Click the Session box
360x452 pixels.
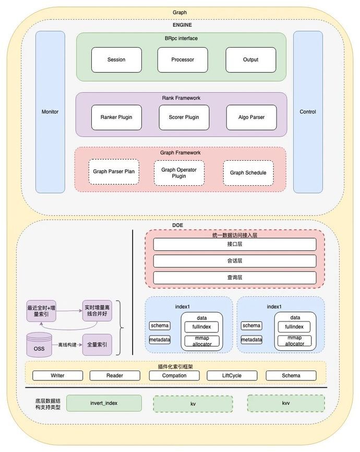pyautogui.click(x=116, y=60)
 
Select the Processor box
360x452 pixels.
pyautogui.click(x=183, y=60)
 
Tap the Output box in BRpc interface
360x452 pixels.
pyautogui.click(x=250, y=60)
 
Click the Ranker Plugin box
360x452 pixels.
pyautogui.click(x=116, y=117)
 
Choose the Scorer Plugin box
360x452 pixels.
pyautogui.click(x=184, y=117)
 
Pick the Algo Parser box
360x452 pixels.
pyautogui.click(x=251, y=117)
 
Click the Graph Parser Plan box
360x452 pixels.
pyautogui.click(x=114, y=172)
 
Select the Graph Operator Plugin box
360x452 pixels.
pyautogui.click(x=179, y=173)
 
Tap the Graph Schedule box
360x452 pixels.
pyautogui.click(x=248, y=173)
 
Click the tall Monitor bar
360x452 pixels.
pyautogui.click(x=50, y=112)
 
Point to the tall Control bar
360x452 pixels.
pyautogui.click(x=308, y=112)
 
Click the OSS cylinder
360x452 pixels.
pyautogui.click(x=39, y=345)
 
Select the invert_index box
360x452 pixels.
pyautogui.click(x=104, y=403)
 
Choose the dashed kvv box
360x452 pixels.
pyautogui.click(x=285, y=403)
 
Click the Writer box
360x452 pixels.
pyautogui.click(x=57, y=375)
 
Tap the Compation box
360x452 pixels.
pyautogui.click(x=174, y=375)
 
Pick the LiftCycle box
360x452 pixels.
pyautogui.click(x=232, y=375)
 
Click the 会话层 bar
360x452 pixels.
pyautogui.click(x=235, y=261)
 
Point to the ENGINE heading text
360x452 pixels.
pyautogui.click(x=182, y=25)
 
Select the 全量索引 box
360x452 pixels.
pyautogui.click(x=97, y=345)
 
